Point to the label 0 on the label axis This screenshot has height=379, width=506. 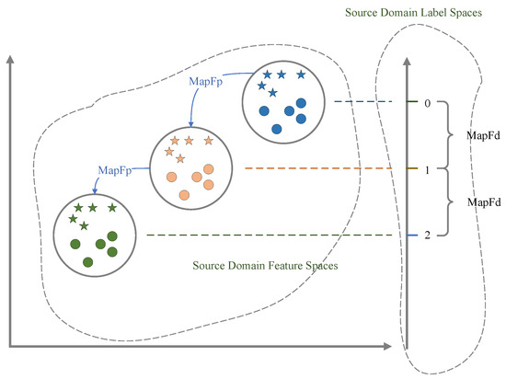click(x=427, y=103)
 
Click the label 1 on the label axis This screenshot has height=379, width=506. click(x=427, y=170)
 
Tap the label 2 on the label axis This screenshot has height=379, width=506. click(x=427, y=236)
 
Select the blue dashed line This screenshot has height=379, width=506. click(x=362, y=102)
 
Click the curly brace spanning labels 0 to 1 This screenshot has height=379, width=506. click(x=449, y=136)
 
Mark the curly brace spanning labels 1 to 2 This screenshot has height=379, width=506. click(x=449, y=202)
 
